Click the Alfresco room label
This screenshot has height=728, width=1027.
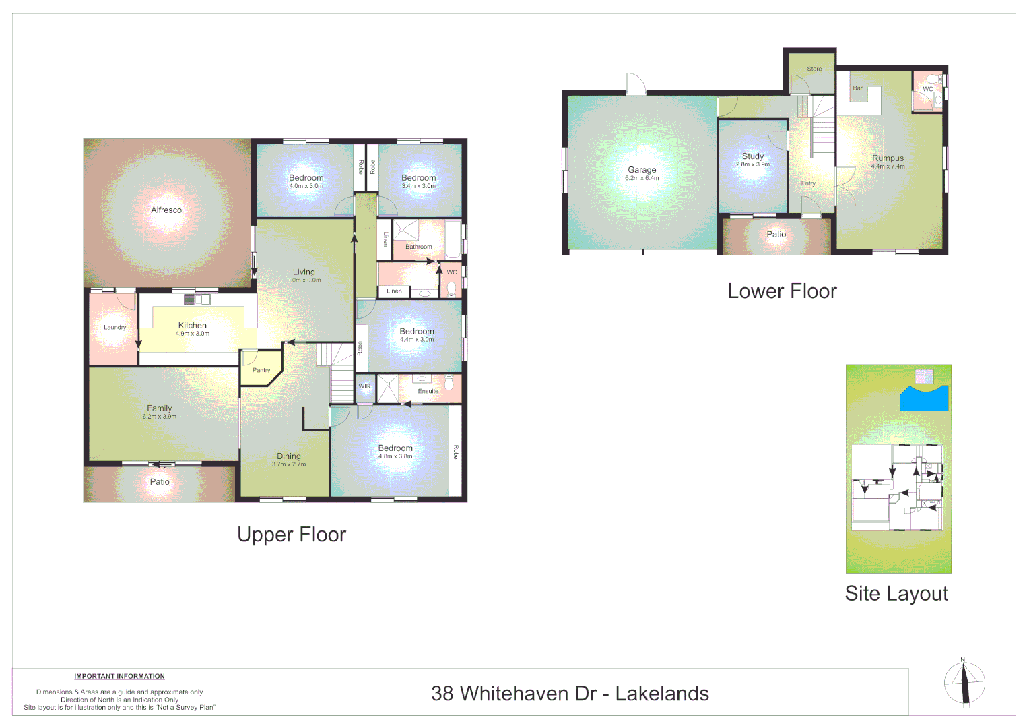166,210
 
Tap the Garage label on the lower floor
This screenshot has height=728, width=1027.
642,170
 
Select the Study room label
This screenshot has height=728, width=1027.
752,156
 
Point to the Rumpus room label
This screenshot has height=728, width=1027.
888,158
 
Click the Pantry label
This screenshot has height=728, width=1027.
261,370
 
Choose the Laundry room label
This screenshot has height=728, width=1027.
114,328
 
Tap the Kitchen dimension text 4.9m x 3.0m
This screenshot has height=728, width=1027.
193,334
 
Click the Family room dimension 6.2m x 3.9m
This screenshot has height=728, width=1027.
160,417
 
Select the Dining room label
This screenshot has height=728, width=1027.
289,456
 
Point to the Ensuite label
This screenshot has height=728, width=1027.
428,391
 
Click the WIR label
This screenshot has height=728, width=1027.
364,386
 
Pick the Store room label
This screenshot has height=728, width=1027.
814,69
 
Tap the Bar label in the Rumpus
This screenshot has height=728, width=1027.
857,88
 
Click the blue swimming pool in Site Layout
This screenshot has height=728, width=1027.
924,398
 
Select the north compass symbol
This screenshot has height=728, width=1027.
964,683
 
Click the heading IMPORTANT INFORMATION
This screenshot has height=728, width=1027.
119,676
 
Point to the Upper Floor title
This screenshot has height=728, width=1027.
292,535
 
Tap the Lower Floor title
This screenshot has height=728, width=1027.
782,291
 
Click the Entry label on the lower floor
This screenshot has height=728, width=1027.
808,183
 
